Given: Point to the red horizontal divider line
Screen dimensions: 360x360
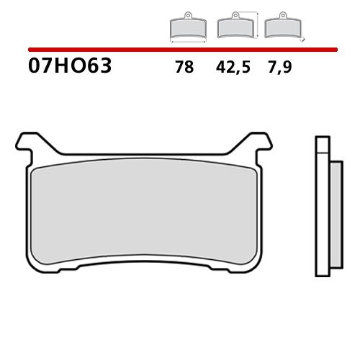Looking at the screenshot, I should (180, 50).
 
